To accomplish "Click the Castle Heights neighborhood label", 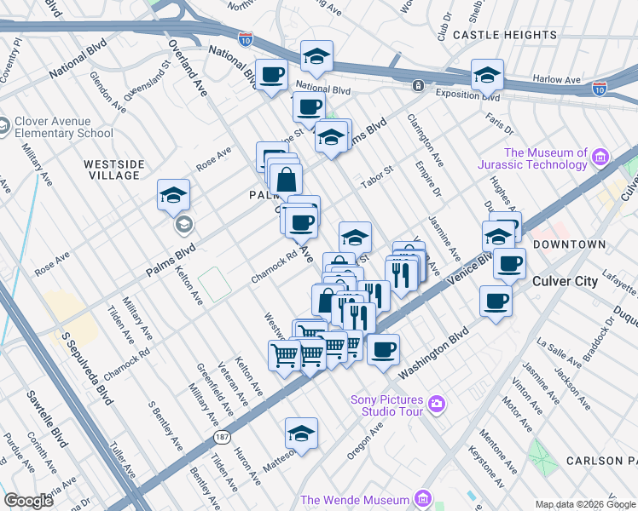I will (x=505, y=35).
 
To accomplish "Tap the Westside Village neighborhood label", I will (x=112, y=169).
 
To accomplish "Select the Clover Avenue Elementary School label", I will (x=64, y=127).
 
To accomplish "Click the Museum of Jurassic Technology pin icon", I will (x=600, y=157).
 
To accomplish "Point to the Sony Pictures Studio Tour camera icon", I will (x=437, y=402).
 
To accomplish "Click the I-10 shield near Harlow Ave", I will (x=600, y=88).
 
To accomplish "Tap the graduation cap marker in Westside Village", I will (x=172, y=196).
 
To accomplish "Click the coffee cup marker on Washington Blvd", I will (x=384, y=348).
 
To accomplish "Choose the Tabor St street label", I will (x=376, y=171).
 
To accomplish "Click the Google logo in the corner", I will (x=29, y=501).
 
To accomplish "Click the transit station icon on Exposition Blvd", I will (x=418, y=86).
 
